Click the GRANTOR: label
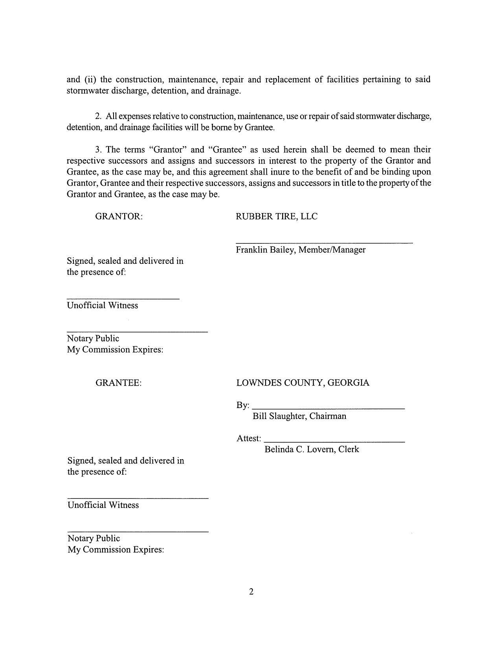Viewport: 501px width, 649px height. (119, 217)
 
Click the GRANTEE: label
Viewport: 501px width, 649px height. (118, 383)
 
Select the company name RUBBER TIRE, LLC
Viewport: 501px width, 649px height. (277, 217)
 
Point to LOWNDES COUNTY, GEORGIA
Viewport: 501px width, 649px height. (303, 383)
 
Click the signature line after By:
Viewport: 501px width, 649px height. (328, 409)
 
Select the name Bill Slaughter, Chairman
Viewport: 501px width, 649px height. (299, 416)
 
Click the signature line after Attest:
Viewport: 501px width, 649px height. (334, 442)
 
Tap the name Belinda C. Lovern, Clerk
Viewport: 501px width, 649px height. (312, 450)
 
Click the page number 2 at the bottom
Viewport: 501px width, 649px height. (251, 592)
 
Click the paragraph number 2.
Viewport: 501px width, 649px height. (98, 116)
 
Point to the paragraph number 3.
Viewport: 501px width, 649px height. (98, 150)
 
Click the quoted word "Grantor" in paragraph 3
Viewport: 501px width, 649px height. (167, 150)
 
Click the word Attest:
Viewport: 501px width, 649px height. (249, 439)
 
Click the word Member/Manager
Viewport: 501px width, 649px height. (332, 250)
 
